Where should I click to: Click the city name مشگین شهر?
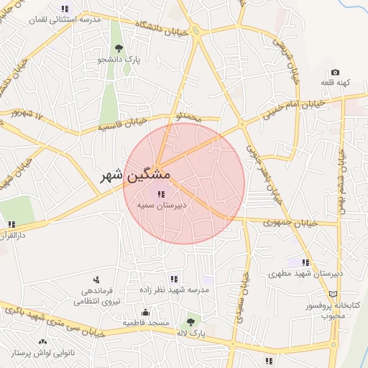(135, 175)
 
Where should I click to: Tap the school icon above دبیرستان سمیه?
(159, 193)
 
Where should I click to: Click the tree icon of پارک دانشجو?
(119, 48)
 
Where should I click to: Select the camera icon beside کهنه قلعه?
(335, 73)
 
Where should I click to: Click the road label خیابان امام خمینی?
(295, 108)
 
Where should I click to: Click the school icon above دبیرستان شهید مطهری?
(305, 262)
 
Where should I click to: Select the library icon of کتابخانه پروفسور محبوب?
(331, 294)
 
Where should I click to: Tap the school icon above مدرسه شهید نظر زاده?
(173, 278)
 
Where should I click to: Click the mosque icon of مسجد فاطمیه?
(146, 312)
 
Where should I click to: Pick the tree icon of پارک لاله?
(190, 323)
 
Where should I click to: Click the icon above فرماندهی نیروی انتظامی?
(96, 280)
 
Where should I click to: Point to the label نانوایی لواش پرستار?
(43, 354)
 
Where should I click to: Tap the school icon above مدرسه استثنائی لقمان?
(65, 9)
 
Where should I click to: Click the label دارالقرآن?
(13, 235)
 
